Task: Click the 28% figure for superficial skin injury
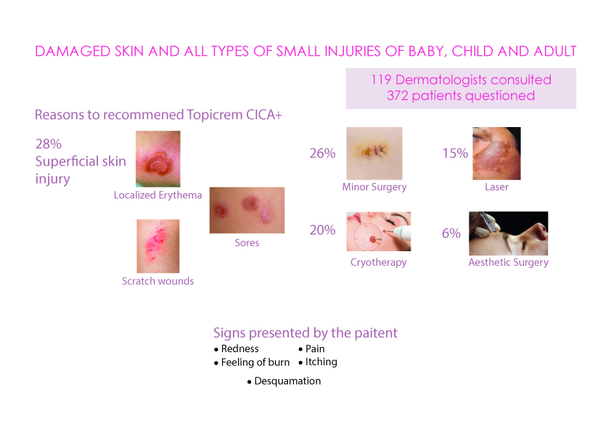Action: click(49, 144)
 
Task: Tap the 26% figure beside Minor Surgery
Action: click(322, 153)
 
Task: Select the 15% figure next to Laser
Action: click(455, 153)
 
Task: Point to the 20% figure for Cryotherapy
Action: click(322, 230)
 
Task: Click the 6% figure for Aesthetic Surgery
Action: click(451, 233)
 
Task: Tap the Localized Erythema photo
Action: click(157, 159)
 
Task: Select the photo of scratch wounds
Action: click(157, 246)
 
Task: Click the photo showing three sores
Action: click(247, 210)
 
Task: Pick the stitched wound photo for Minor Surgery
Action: click(374, 153)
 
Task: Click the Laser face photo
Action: click(496, 153)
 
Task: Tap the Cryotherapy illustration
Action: click(378, 231)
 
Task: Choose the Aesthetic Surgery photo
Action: click(509, 233)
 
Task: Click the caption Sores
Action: click(247, 243)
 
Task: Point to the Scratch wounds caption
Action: click(157, 281)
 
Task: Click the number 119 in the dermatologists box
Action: click(381, 80)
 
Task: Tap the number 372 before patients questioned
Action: click(398, 96)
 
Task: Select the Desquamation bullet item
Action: click(284, 381)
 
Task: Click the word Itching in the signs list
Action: click(321, 362)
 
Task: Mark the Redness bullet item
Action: click(236, 349)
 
